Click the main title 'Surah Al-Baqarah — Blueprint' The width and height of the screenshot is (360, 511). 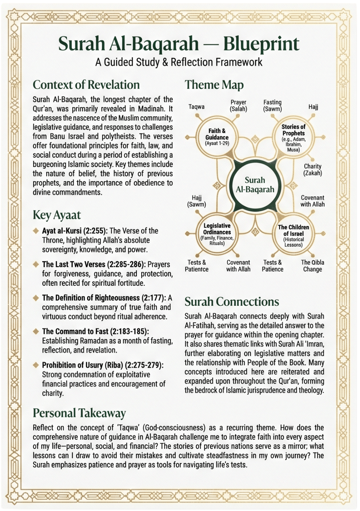coord(179,44)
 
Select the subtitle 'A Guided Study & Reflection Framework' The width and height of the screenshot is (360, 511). coord(179,62)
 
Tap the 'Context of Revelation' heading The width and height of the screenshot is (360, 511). coord(86,85)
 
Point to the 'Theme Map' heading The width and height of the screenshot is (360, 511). coord(214,85)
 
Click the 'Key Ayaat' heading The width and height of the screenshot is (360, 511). coord(56,215)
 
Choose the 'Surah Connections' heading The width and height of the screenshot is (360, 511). coord(232,302)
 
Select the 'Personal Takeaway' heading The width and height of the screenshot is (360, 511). coord(79,413)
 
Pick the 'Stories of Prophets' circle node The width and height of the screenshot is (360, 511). coord(294,138)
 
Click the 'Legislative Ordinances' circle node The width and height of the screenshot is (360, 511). coord(217,234)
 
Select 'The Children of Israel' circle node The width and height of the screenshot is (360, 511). coord(294,235)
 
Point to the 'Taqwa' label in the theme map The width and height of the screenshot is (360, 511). coord(197,107)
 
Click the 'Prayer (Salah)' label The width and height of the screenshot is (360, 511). coord(238,106)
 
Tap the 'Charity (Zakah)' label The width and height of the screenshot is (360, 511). coord(313,170)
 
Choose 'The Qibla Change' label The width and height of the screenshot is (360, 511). coord(312,266)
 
